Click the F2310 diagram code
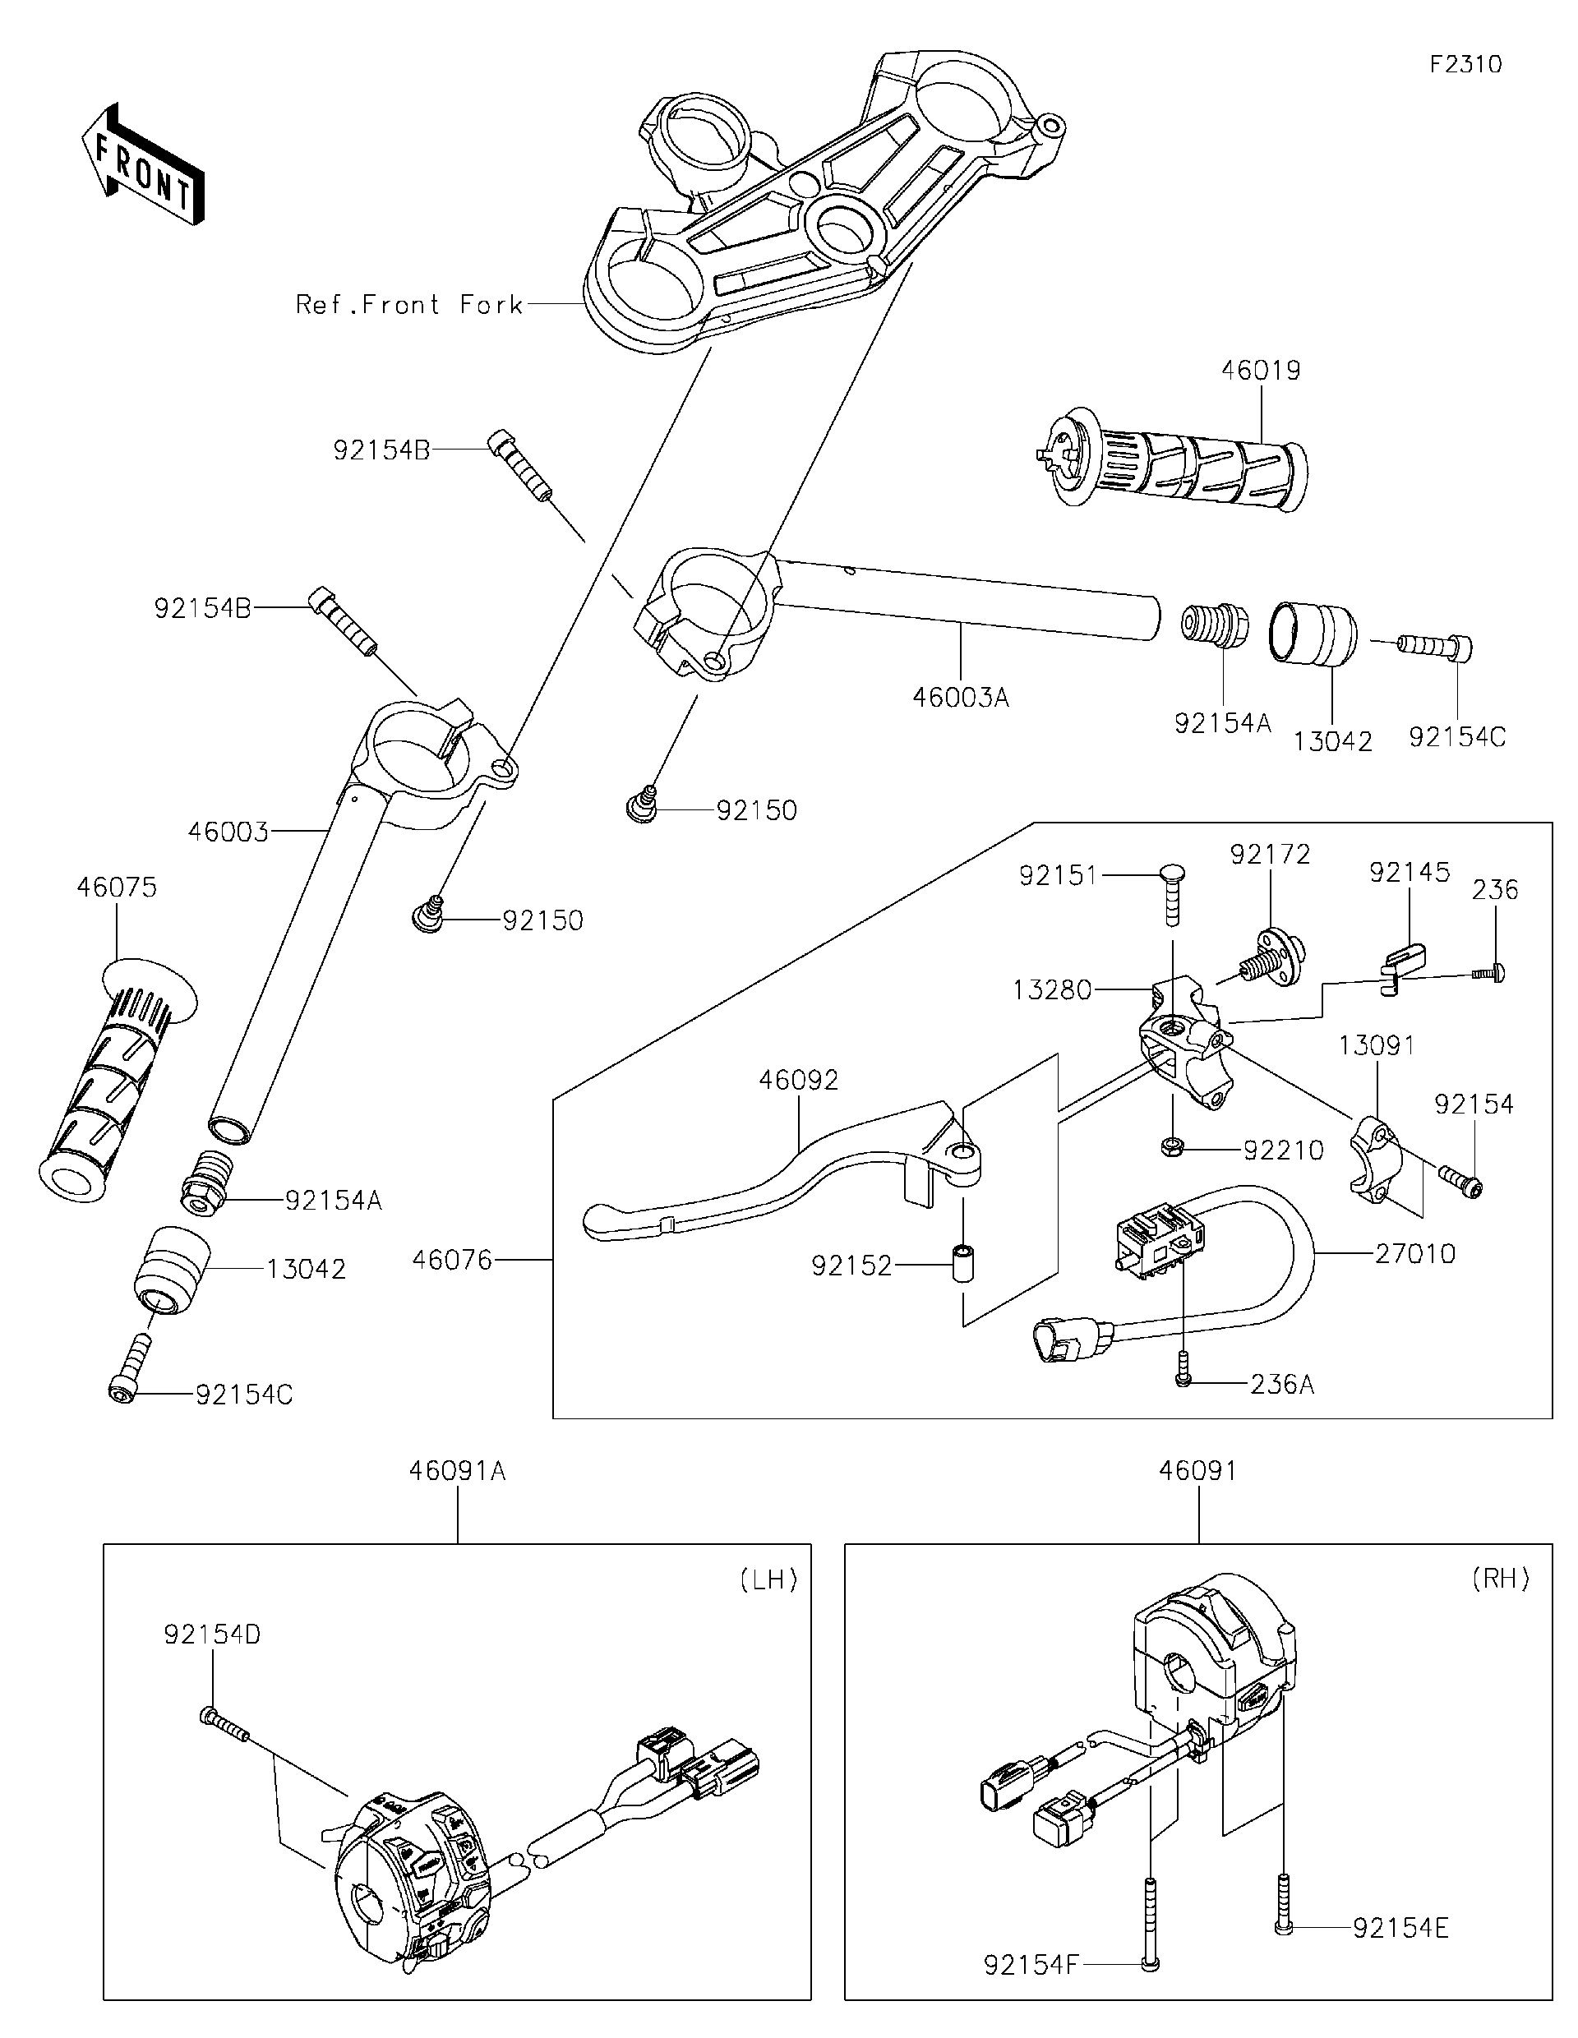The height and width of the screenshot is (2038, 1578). click(1465, 64)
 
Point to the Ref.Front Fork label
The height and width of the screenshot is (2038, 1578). click(408, 304)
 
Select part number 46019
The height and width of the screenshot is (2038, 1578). click(1260, 371)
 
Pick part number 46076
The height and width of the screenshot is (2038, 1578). click(452, 1260)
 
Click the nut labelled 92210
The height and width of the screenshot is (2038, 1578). click(1173, 1149)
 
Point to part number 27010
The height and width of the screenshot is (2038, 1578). click(1414, 1253)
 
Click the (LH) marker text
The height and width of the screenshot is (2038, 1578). click(767, 1579)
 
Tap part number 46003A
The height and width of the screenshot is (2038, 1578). click(960, 697)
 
